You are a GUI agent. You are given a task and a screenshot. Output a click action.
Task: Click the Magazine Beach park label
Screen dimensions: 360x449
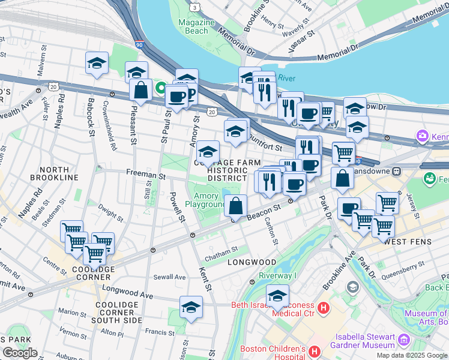coord(193,26)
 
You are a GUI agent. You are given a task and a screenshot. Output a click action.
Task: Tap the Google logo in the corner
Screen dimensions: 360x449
coord(19,353)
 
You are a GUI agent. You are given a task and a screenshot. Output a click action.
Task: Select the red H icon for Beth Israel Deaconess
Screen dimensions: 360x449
coord(324,308)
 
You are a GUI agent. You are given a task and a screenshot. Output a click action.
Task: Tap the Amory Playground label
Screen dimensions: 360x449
coord(205,200)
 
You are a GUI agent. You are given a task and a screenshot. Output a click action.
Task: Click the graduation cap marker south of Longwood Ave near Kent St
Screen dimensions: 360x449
coord(191,307)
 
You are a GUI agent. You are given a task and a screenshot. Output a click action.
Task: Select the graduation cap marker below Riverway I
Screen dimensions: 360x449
coord(277,296)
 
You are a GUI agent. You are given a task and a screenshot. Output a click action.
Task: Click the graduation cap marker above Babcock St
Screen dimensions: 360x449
coord(96,64)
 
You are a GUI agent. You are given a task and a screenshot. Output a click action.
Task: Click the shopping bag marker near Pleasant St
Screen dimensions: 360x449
coord(140,91)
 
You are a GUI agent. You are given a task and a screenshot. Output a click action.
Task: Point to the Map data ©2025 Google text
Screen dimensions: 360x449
coord(411,355)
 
